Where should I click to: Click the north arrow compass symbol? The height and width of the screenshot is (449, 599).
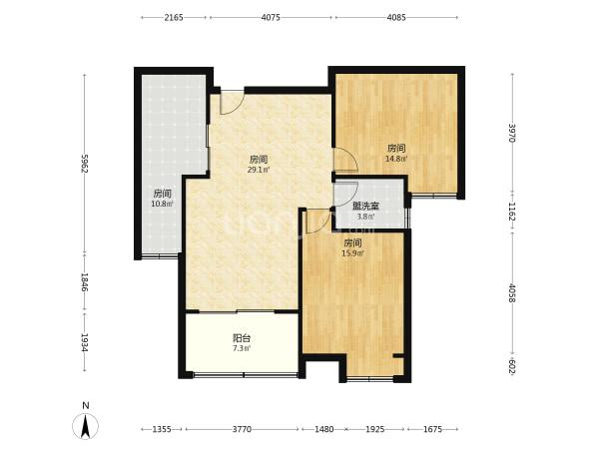pyautogui.click(x=85, y=426)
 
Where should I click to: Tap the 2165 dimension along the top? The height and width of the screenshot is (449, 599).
pyautogui.click(x=174, y=18)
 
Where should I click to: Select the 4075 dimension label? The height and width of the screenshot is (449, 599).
pyautogui.click(x=271, y=18)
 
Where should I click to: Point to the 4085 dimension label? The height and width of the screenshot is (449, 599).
pyautogui.click(x=396, y=18)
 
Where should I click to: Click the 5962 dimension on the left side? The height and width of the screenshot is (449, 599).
pyautogui.click(x=85, y=163)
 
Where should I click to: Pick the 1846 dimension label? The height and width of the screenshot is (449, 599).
pyautogui.click(x=85, y=282)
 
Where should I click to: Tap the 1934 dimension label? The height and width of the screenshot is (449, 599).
pyautogui.click(x=85, y=343)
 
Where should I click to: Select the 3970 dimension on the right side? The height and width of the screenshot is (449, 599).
pyautogui.click(x=512, y=133)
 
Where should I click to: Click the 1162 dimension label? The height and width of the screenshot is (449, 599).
pyautogui.click(x=512, y=212)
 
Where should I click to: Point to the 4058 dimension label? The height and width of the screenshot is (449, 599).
pyautogui.click(x=512, y=293)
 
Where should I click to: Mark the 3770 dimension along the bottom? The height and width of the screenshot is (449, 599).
pyautogui.click(x=242, y=429)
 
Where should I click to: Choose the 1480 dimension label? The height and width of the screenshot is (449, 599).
pyautogui.click(x=323, y=429)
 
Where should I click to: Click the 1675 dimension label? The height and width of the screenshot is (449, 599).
pyautogui.click(x=432, y=429)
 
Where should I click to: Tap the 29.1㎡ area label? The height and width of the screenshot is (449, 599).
pyautogui.click(x=259, y=170)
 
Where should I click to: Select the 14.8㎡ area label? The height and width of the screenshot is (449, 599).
pyautogui.click(x=396, y=159)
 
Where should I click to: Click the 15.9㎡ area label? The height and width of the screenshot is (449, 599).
pyautogui.click(x=352, y=252)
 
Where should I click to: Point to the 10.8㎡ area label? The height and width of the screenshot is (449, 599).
pyautogui.click(x=162, y=204)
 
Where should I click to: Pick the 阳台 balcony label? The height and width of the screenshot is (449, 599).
pyautogui.click(x=242, y=338)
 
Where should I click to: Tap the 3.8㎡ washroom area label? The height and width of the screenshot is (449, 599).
pyautogui.click(x=365, y=217)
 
